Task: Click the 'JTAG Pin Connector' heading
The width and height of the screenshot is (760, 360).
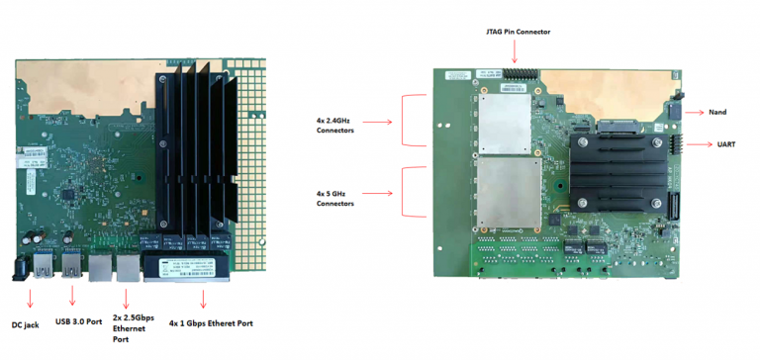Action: pos(514,33)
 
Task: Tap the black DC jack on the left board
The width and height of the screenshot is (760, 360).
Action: pos(20,269)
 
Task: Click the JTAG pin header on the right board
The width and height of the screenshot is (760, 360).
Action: pos(515,73)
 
